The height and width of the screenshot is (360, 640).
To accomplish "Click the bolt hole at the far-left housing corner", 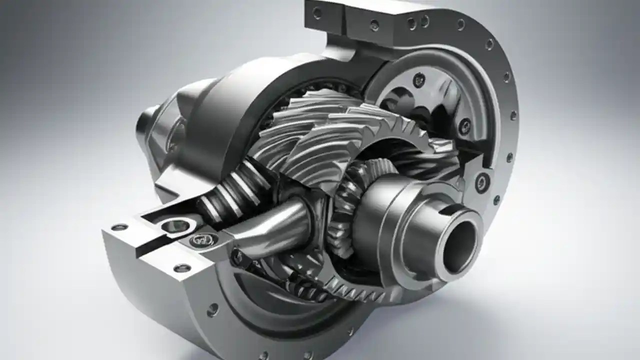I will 119,227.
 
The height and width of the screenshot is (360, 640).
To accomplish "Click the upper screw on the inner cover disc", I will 419,79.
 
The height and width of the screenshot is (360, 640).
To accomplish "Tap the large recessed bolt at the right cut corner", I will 482,182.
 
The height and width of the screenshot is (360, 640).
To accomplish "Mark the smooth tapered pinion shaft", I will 272,227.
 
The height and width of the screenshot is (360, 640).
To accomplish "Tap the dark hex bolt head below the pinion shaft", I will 239,257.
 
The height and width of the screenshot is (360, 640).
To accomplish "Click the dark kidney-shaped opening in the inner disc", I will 395,100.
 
